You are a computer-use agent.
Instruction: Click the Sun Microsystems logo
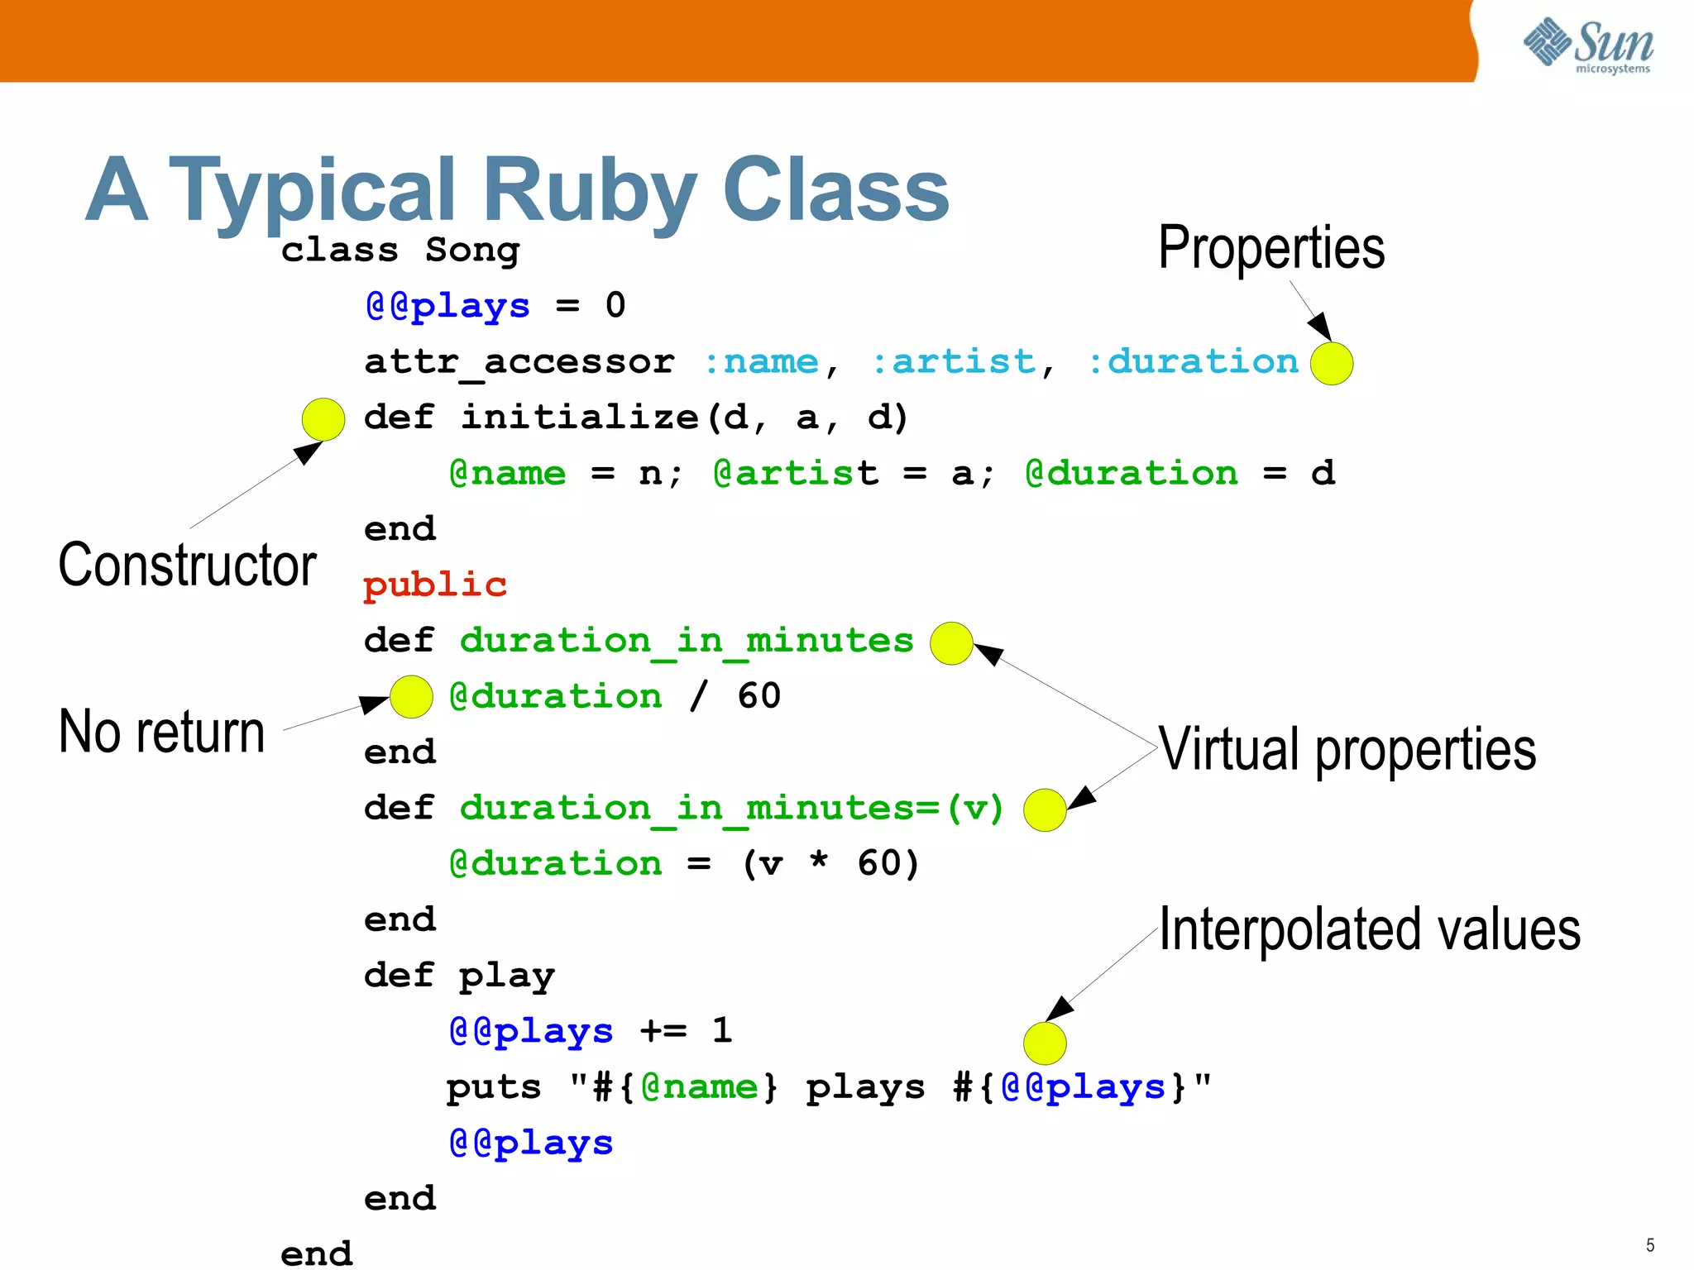pos(1588,45)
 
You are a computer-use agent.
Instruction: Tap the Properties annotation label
pos(1271,247)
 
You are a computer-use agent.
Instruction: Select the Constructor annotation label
pos(187,566)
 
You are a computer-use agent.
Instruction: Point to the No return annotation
pos(162,733)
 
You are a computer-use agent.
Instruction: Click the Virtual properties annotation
pos(1347,749)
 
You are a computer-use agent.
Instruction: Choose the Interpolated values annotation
pos(1370,929)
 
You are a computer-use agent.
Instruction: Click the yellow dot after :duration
pos(1332,364)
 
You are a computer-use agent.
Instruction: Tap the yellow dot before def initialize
pos(323,419)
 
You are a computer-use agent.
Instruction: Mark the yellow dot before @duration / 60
pos(411,696)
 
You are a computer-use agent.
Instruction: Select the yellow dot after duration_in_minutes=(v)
pos(1045,810)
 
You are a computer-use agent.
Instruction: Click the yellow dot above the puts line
pos(1045,1043)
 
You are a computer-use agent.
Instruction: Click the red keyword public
pos(435,585)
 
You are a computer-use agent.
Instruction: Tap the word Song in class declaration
pos(472,251)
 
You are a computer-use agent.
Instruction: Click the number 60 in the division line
pos(759,696)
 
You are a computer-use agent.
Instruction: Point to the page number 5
pos(1650,1245)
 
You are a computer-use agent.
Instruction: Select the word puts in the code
pos(494,1087)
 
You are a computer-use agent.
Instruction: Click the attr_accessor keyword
pos(519,362)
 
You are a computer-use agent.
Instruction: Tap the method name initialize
pos(580,418)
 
